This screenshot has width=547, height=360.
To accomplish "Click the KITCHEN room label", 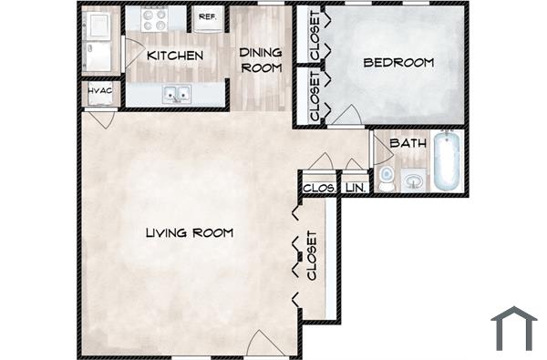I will point(175,56).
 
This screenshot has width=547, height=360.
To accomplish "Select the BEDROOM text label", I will point(397,63).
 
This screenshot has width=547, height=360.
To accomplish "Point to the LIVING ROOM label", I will point(189,233).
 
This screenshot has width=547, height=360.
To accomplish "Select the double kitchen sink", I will point(175,93).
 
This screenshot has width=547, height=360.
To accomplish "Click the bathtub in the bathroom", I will point(447,162).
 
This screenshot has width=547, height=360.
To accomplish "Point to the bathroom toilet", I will point(386,178).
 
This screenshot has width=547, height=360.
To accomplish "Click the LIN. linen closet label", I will point(355,188).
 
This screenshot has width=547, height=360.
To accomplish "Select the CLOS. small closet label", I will point(315,188).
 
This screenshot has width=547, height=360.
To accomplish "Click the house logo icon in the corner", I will point(513,328).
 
